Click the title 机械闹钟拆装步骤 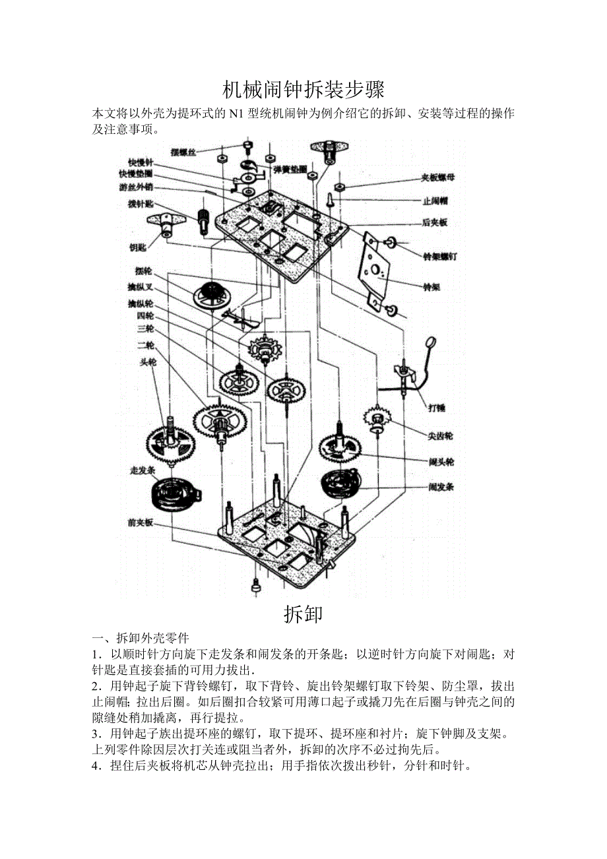(303, 89)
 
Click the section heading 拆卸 (303, 614)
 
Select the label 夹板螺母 (438, 177)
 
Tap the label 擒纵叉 (140, 287)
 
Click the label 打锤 (436, 408)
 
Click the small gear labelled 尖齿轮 (377, 418)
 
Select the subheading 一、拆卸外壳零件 (141, 638)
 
